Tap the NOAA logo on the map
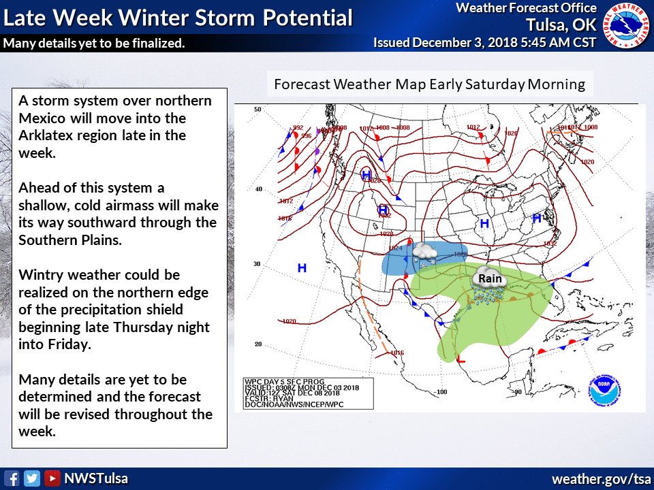(605, 389)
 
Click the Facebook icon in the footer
(12, 478)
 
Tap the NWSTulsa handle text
(95, 478)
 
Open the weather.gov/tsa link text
(601, 478)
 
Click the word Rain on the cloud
(490, 278)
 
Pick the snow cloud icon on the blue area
(425, 251)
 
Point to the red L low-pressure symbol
(461, 358)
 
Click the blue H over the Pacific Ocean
(301, 268)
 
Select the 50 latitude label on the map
(258, 109)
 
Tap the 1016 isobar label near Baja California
(397, 353)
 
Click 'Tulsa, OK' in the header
(561, 25)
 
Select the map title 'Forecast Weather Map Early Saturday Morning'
(429, 84)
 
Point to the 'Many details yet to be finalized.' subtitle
(94, 44)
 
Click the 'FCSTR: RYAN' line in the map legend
(270, 398)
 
